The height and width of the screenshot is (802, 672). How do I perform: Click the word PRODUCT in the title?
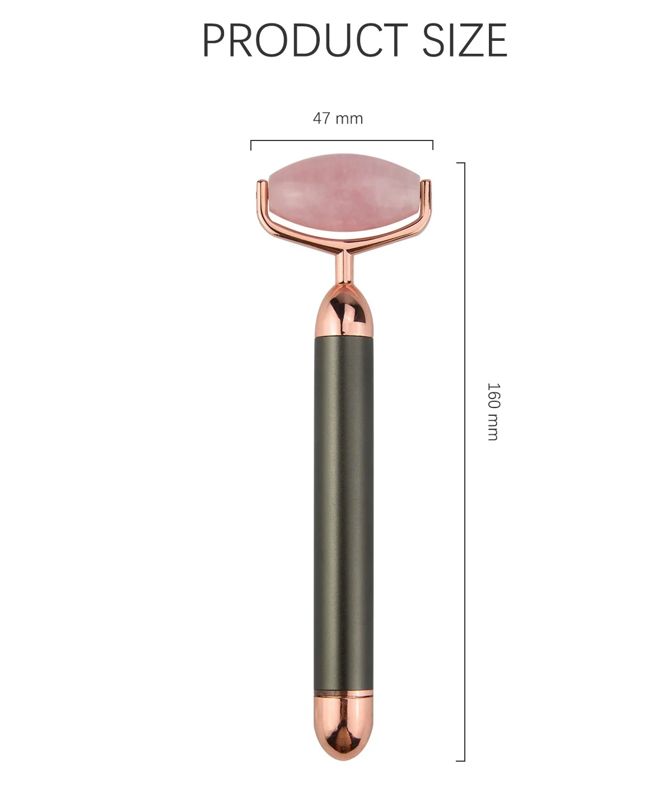click(305, 40)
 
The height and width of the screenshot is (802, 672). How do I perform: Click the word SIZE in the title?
click(465, 40)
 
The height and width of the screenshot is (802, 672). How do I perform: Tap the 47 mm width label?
click(338, 118)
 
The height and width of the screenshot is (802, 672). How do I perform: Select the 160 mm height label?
click(493, 411)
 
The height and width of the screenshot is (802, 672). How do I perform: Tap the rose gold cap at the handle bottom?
click(343, 726)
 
